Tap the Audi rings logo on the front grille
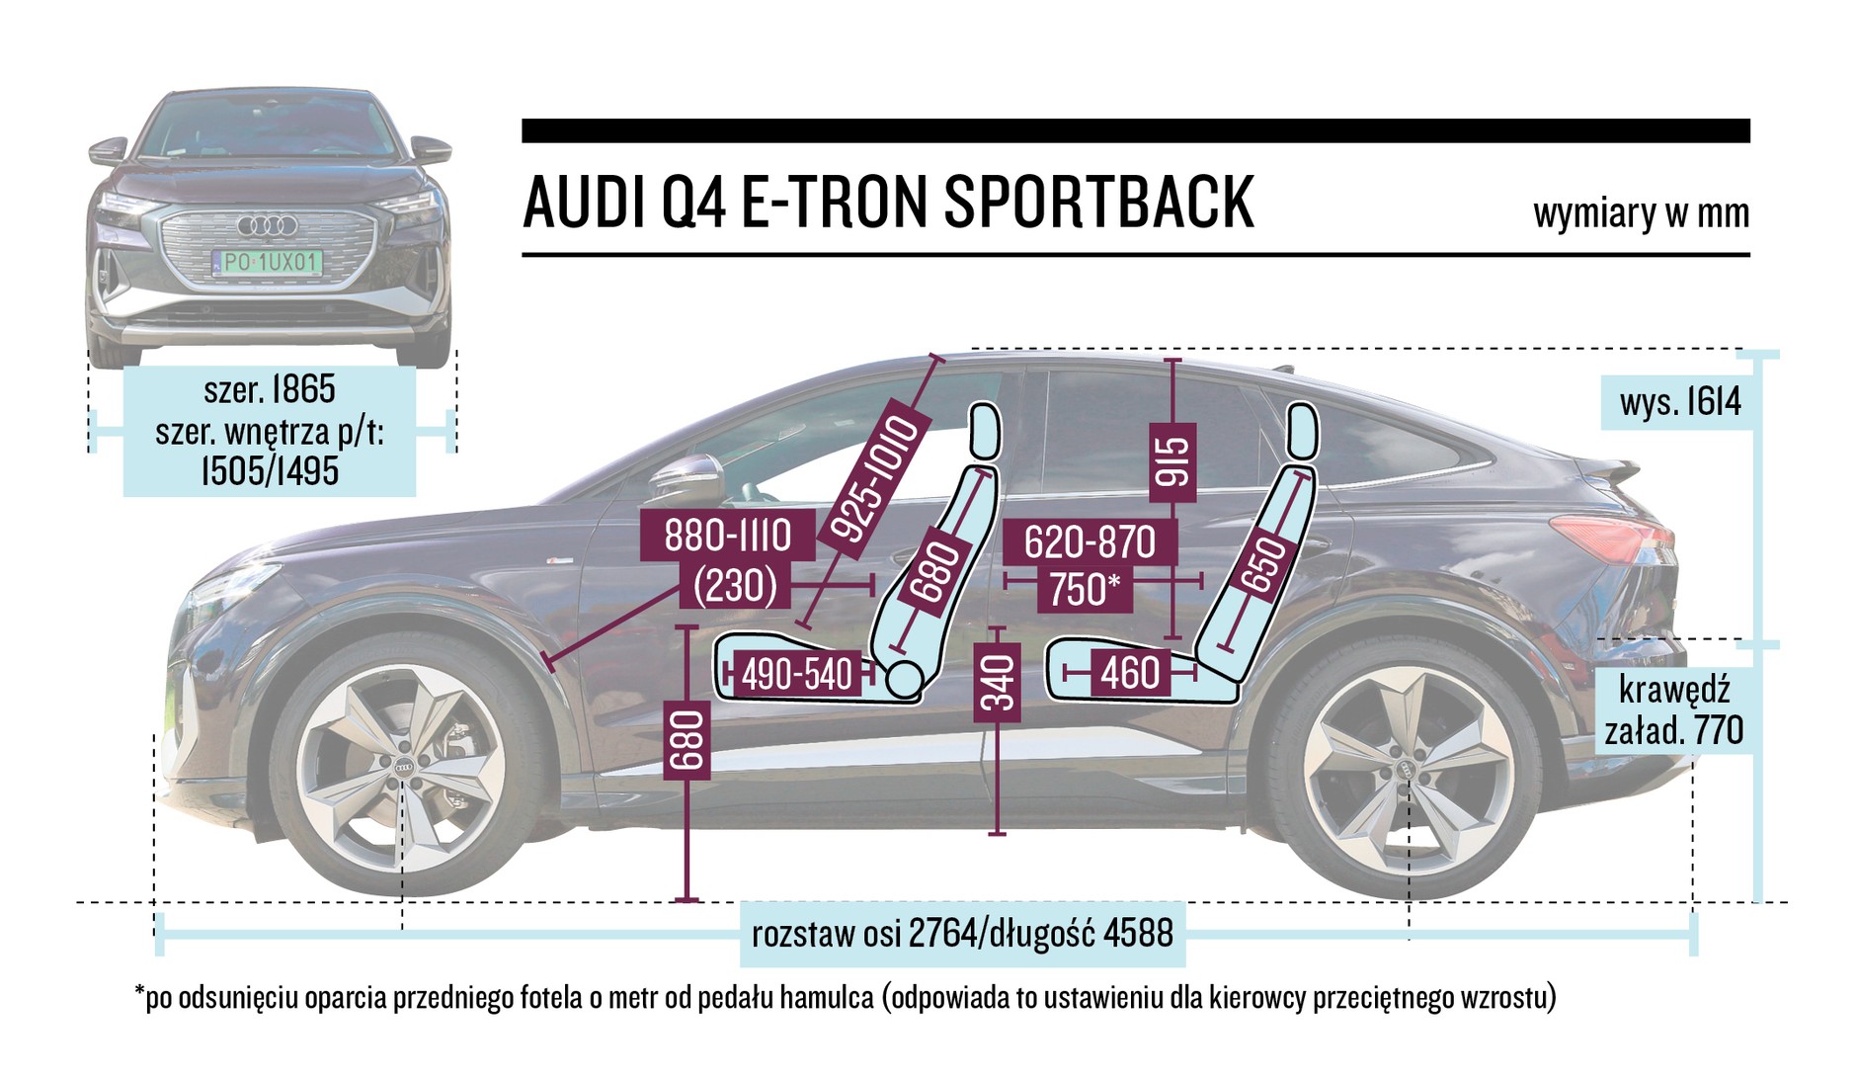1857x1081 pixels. click(268, 226)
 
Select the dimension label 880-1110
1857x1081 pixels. click(727, 537)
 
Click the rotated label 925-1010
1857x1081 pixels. click(875, 479)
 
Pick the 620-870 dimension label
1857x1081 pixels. click(1089, 542)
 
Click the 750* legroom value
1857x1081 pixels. click(1084, 590)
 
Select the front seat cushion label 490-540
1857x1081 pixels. click(796, 675)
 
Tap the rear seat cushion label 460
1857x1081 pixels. click(1129, 674)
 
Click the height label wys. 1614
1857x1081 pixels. click(1680, 402)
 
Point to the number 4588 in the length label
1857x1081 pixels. click(1136, 933)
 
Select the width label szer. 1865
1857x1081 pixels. click(270, 389)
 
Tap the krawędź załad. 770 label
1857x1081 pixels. click(1673, 710)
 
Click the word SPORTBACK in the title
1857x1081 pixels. click(1098, 203)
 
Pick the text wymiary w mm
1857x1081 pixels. click(1641, 213)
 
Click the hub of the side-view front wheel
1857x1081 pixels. click(404, 768)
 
